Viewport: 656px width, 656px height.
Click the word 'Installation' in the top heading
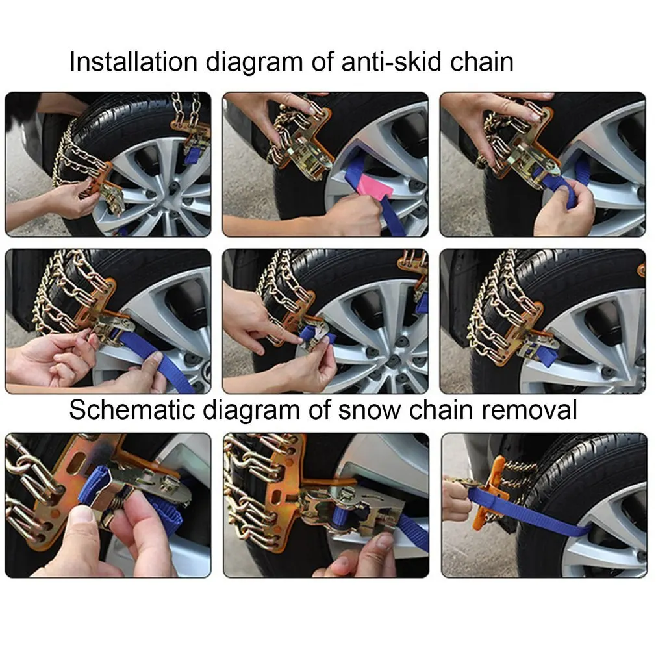pos(133,62)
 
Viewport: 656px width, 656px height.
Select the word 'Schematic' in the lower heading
pos(132,410)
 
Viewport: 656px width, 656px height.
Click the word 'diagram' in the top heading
pos(254,63)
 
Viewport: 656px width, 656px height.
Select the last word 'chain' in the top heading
pos(481,62)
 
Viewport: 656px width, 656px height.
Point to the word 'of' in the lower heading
pos(319,410)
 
